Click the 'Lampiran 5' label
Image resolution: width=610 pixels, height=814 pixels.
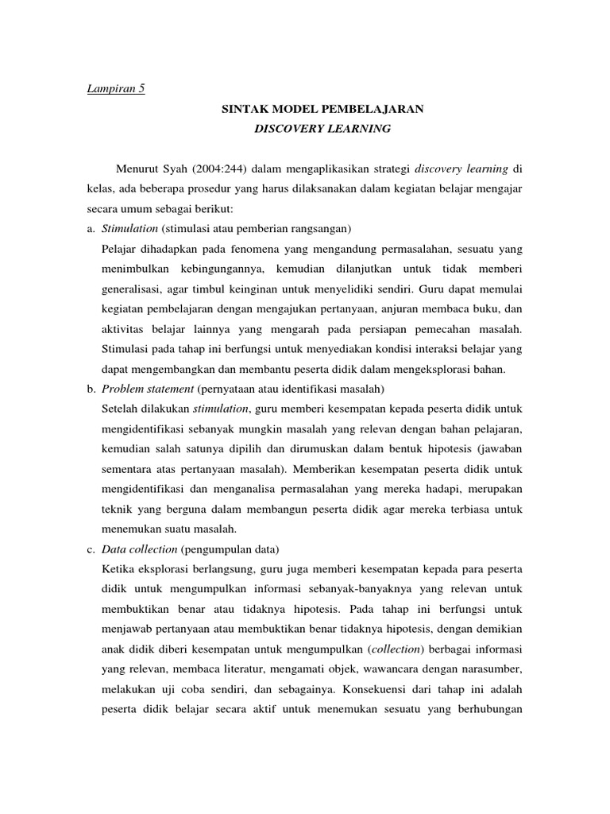coord(116,88)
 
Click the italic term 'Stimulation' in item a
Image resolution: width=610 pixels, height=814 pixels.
coord(130,229)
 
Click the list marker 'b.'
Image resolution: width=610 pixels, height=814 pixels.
coord(92,388)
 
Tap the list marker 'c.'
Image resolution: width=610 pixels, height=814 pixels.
coord(92,548)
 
